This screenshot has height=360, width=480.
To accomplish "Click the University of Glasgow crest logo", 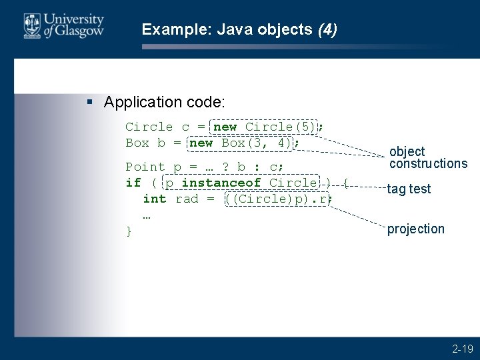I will pyautogui.click(x=31, y=25).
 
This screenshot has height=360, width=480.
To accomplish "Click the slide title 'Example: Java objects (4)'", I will pyautogui.click(x=239, y=29).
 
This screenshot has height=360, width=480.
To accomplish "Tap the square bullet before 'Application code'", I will pyautogui.click(x=91, y=102).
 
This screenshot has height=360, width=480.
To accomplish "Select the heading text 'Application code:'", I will pyautogui.click(x=165, y=102).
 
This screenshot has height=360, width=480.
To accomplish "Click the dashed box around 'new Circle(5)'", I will pyautogui.click(x=265, y=127).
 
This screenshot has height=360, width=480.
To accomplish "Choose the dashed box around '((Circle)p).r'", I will pyautogui.click(x=277, y=199).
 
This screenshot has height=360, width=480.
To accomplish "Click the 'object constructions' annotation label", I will pyautogui.click(x=427, y=157).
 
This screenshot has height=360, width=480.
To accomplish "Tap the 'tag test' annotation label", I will pyautogui.click(x=409, y=189).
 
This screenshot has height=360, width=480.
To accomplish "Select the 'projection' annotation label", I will pyautogui.click(x=415, y=229).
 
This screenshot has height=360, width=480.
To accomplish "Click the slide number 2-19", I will pyautogui.click(x=462, y=349).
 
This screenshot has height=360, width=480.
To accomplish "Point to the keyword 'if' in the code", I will pyautogui.click(x=133, y=183).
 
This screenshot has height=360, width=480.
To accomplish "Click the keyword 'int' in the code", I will pyautogui.click(x=155, y=199).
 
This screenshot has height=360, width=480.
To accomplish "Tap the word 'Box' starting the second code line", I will pyautogui.click(x=137, y=143).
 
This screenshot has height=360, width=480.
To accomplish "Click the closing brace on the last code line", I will pyautogui.click(x=129, y=231).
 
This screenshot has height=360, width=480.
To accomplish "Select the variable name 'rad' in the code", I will pyautogui.click(x=187, y=199).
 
